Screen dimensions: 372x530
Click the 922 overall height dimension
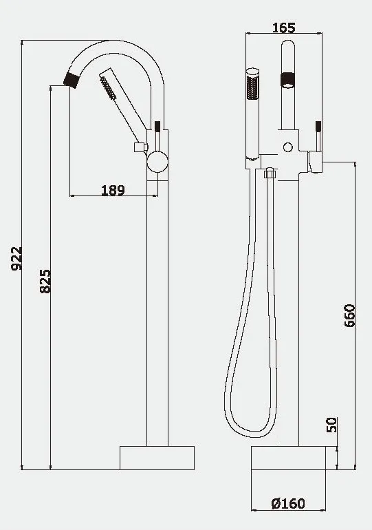(17, 259)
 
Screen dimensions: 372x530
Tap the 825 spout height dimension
(45, 282)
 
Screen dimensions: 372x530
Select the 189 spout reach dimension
(113, 190)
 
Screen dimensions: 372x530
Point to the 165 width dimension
(284, 28)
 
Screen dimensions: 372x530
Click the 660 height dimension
(350, 316)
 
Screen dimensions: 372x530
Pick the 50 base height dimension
(331, 425)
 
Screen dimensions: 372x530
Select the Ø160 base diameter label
(288, 504)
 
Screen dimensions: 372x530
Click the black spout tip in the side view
(72, 80)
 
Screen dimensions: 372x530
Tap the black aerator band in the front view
(288, 81)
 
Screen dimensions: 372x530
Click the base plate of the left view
(157, 458)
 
